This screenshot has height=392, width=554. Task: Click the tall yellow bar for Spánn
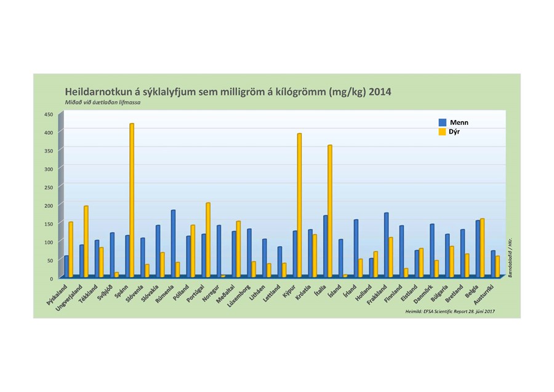coord(132,200)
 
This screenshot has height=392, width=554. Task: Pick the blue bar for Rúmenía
coord(173,243)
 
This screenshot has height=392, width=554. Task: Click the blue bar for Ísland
coord(340,258)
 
